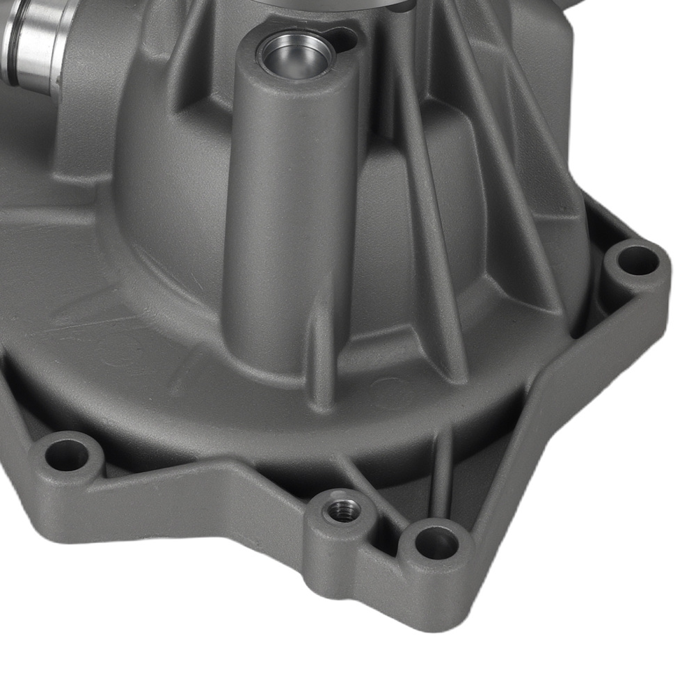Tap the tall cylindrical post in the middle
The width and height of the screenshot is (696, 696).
coord(292,209)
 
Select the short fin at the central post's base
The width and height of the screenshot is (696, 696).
coord(322,355)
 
